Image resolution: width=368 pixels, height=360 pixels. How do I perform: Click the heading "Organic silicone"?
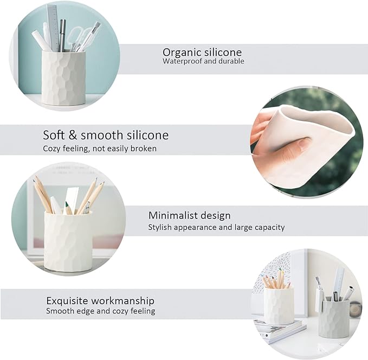[x=202, y=53]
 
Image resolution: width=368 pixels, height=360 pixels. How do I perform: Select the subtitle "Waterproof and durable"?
[x=203, y=62]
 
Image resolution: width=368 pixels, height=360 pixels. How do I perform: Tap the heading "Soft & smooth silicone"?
[x=106, y=136]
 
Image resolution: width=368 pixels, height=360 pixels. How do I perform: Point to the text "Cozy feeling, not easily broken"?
[x=100, y=149]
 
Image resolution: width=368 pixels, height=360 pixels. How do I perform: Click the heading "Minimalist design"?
[x=189, y=216]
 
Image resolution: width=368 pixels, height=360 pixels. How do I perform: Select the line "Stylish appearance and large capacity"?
[x=216, y=228]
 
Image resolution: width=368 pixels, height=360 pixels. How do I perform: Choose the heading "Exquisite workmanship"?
[x=100, y=300]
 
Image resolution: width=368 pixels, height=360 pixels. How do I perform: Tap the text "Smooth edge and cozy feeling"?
[x=100, y=311]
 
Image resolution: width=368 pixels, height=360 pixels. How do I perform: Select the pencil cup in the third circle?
[x=68, y=241]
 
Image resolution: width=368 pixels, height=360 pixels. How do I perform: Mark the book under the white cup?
[x=276, y=329]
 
